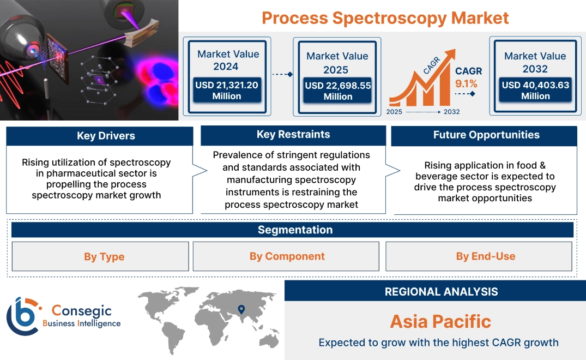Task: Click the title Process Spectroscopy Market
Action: tap(385, 17)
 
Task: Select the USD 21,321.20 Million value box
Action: tap(226, 90)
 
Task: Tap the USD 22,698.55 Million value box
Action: tap(337, 91)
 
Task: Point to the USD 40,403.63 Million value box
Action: tap(535, 90)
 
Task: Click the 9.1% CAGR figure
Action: tap(466, 83)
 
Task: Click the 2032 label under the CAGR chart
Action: tap(451, 112)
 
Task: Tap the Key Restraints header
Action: tap(293, 135)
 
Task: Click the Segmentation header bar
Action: tap(295, 230)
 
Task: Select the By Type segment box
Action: tap(104, 256)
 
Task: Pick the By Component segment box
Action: tap(287, 256)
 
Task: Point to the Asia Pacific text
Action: tap(440, 321)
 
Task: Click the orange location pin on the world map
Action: tap(240, 310)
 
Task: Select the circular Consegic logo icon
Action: tap(22, 316)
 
